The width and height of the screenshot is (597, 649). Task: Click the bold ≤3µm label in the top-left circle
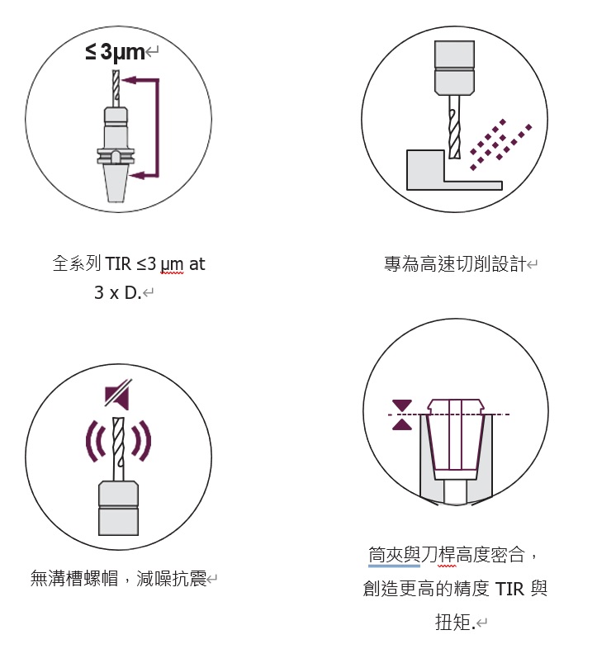click(x=115, y=52)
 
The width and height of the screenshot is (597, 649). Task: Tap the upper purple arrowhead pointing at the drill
click(x=130, y=80)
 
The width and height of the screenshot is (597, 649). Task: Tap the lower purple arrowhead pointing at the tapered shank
click(x=137, y=175)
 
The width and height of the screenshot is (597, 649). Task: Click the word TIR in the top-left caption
click(x=118, y=263)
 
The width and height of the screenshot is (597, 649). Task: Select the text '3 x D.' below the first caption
click(x=118, y=292)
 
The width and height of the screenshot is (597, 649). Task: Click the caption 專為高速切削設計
click(x=455, y=263)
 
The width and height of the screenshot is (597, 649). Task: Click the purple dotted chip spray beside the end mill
click(x=500, y=144)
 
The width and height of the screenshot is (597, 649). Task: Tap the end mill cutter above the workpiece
click(x=454, y=127)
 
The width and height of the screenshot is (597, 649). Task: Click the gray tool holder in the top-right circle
click(x=454, y=68)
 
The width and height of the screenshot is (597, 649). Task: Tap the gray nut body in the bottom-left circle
click(x=118, y=509)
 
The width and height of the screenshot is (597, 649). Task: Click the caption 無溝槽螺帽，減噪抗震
click(x=118, y=578)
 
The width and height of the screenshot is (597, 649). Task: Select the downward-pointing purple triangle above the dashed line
click(x=402, y=405)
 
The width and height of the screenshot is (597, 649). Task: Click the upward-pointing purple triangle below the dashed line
click(x=402, y=424)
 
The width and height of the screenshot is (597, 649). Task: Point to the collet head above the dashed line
click(x=456, y=406)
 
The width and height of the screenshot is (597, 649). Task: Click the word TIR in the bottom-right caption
click(x=509, y=589)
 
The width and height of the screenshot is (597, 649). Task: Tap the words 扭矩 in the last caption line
click(x=453, y=622)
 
